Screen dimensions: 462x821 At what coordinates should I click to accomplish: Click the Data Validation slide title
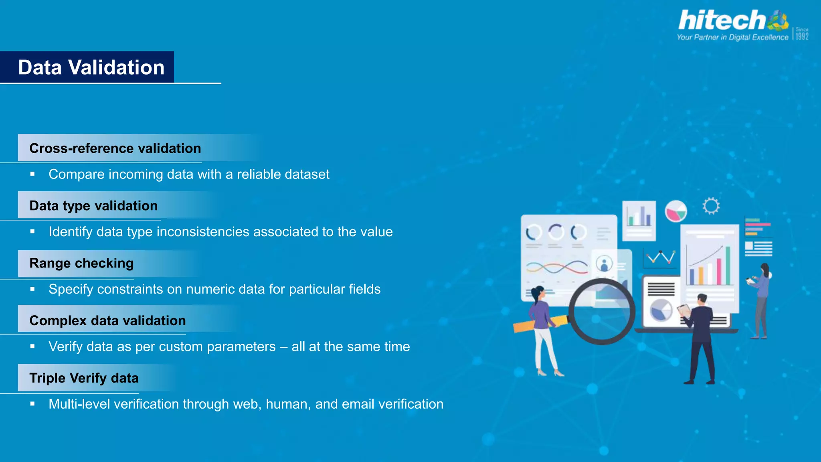[x=91, y=67]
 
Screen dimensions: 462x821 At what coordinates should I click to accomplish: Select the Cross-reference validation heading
[x=115, y=148]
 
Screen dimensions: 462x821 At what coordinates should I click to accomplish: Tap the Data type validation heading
[x=93, y=206]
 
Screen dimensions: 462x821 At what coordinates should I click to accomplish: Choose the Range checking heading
[x=81, y=263]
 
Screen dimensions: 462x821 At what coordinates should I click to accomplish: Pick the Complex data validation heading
[x=107, y=320]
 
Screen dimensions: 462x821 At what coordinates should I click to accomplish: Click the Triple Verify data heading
[x=84, y=378]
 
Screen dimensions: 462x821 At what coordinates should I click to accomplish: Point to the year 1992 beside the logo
[x=802, y=36]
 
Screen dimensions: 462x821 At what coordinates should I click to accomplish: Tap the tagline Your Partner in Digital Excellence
[x=732, y=37]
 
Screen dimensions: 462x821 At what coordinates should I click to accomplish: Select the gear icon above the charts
[x=711, y=206]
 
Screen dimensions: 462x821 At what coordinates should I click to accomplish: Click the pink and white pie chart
[x=676, y=211]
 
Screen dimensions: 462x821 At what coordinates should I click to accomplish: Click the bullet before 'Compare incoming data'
[x=32, y=174]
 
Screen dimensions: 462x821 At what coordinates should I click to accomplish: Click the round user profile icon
[x=604, y=264]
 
